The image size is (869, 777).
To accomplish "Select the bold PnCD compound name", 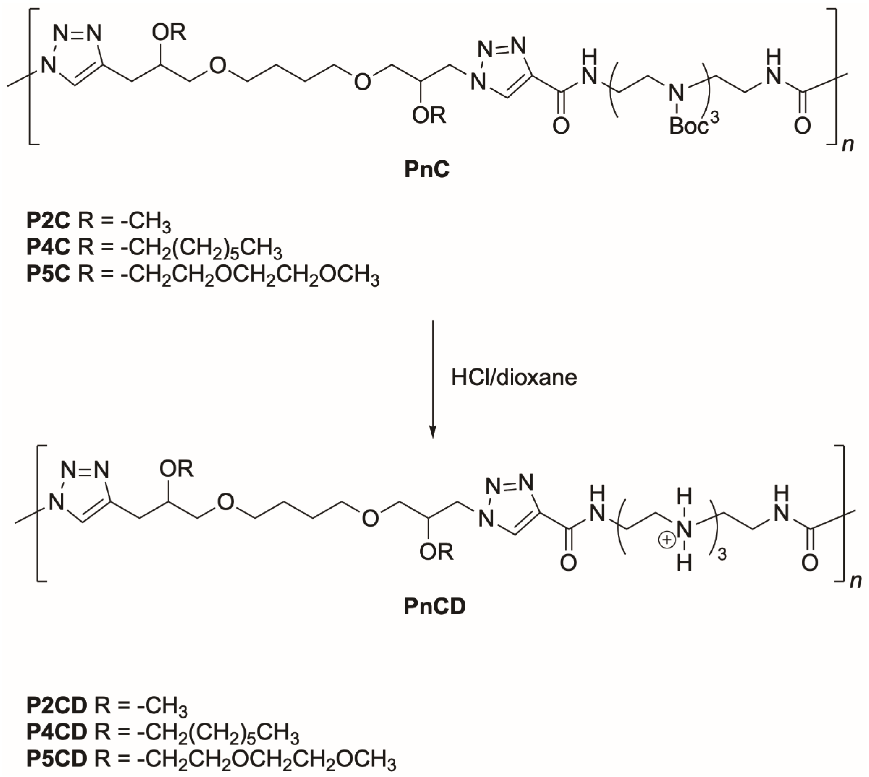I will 434,607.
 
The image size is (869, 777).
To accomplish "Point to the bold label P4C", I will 48,247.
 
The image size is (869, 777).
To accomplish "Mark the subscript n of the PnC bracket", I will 848,145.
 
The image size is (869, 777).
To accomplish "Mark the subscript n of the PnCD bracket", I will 855,581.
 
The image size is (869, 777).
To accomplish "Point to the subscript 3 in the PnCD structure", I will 722,556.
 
